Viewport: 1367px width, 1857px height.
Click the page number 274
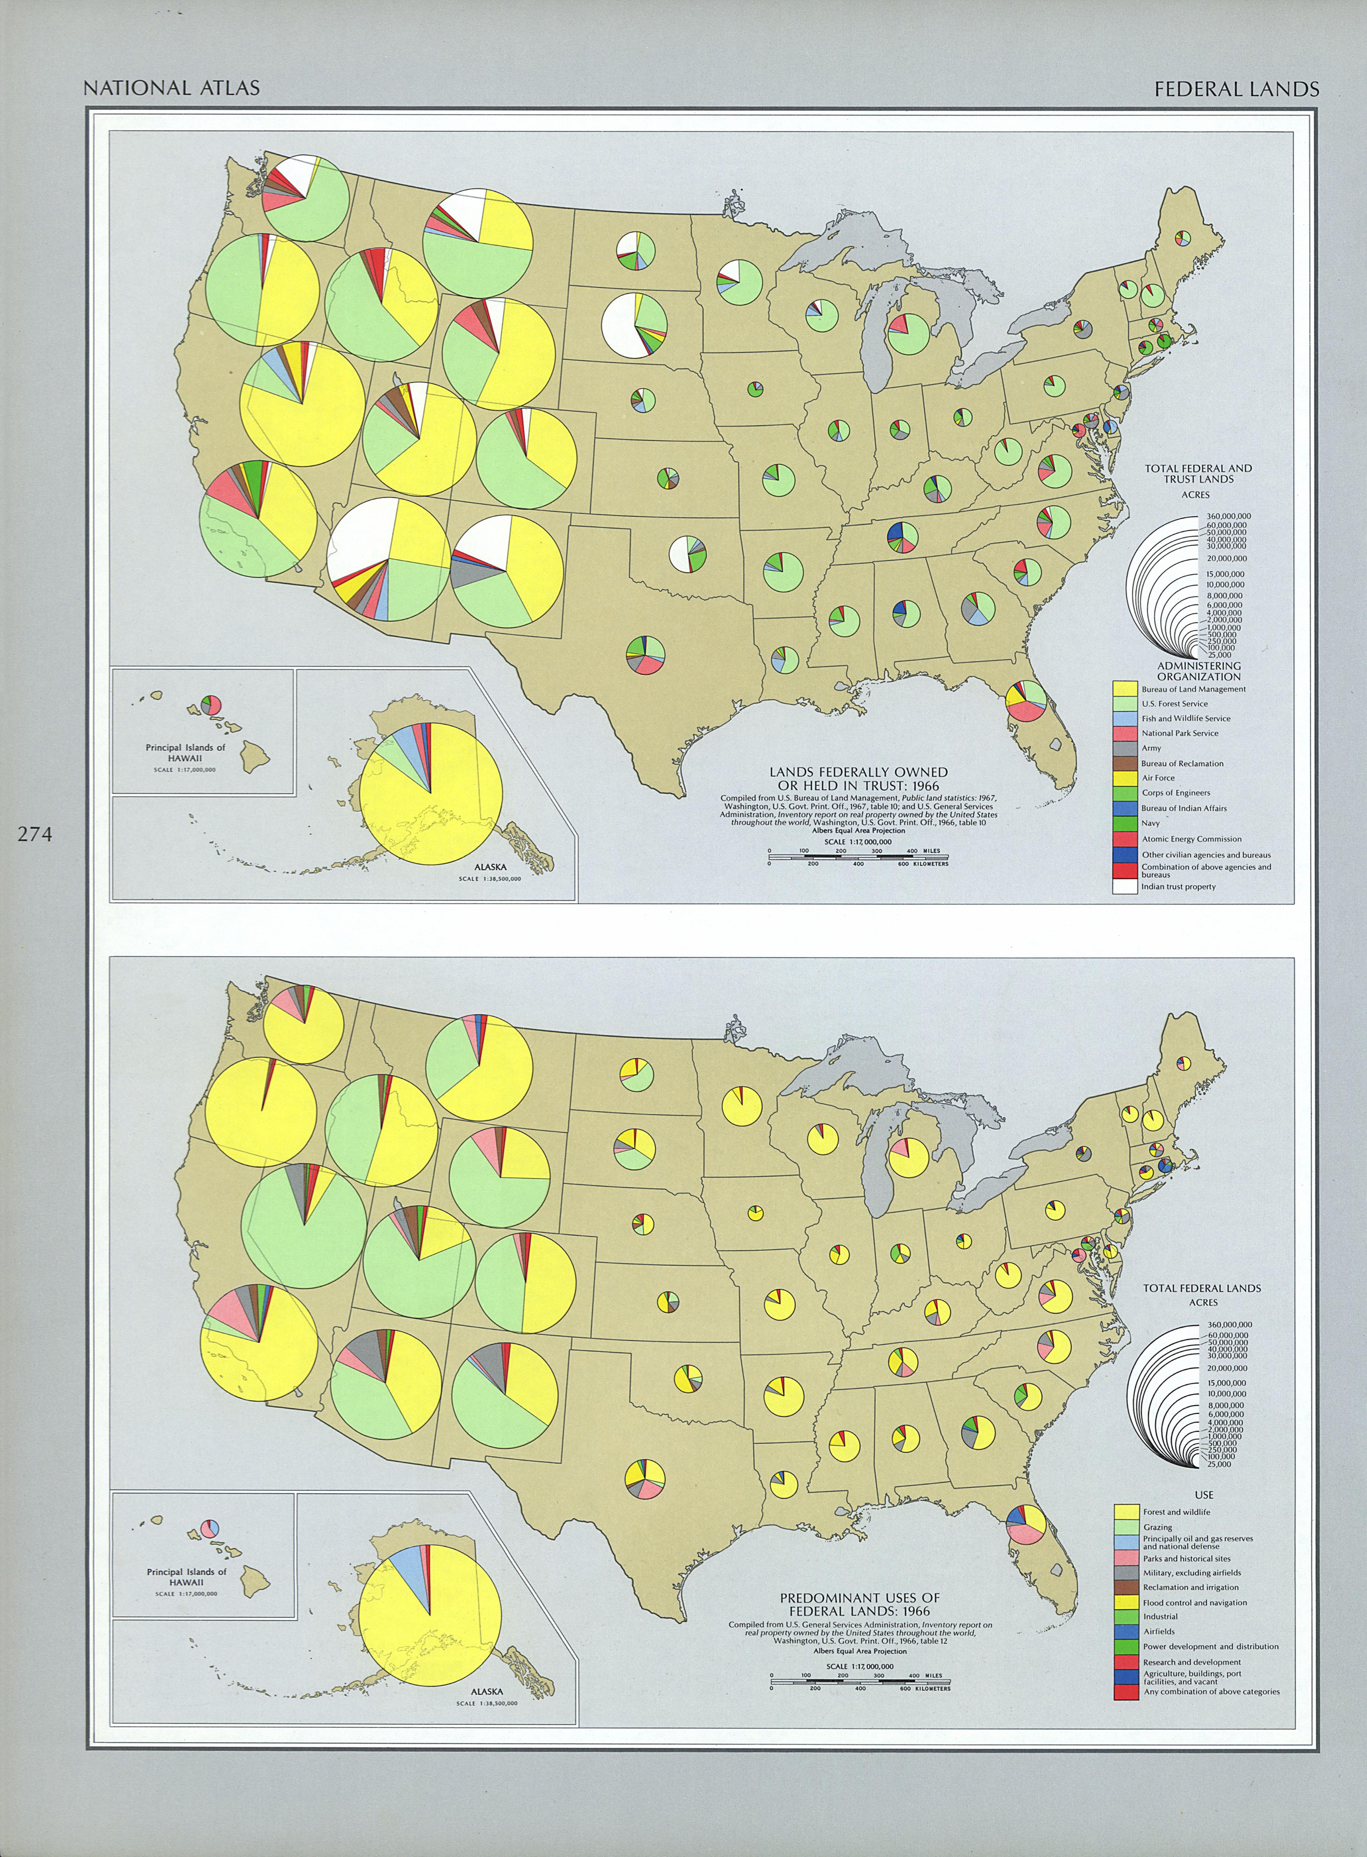click(35, 835)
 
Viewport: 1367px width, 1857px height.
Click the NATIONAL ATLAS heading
click(171, 88)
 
